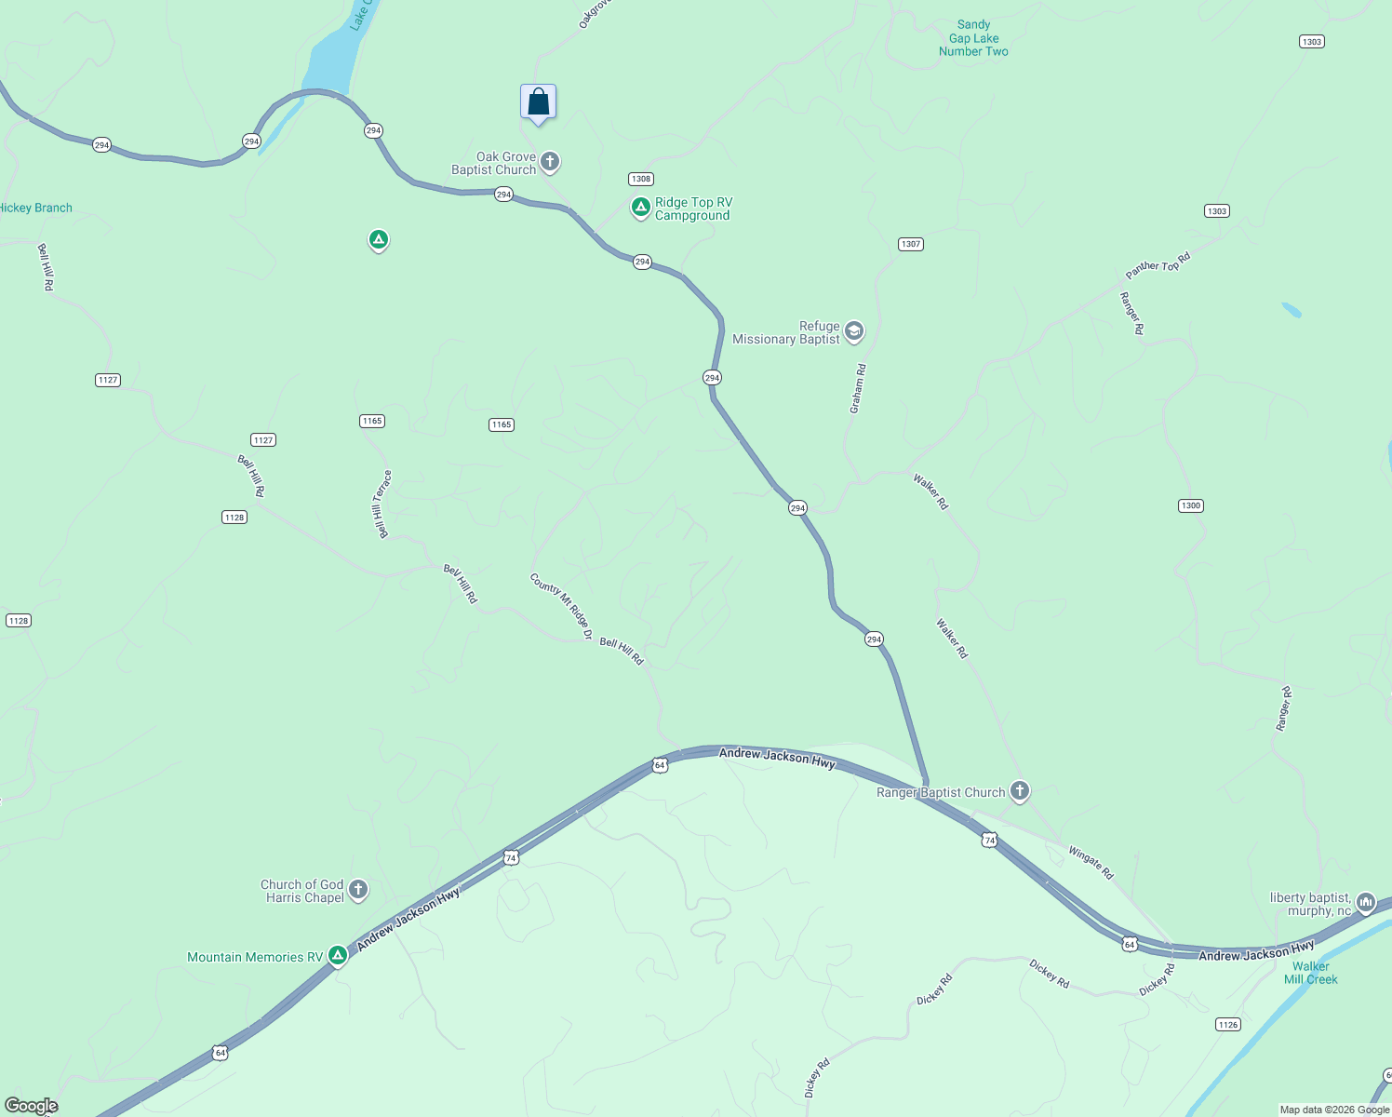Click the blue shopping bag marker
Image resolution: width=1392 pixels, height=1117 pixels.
[538, 102]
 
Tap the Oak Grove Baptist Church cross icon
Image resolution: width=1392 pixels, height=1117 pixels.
[550, 163]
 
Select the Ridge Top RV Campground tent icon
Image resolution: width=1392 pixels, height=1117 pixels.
[640, 208]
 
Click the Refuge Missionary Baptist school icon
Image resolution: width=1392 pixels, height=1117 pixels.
[853, 331]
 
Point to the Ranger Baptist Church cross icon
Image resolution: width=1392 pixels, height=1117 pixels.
[1019, 791]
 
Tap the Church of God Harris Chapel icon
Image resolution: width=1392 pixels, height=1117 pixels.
[357, 890]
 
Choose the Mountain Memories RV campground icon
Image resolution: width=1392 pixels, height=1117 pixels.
[338, 956]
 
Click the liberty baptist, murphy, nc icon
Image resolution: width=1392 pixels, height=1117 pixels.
[1365, 902]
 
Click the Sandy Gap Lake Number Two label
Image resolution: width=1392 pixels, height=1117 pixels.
[973, 38]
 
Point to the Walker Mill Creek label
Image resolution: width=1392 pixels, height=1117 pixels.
[1310, 973]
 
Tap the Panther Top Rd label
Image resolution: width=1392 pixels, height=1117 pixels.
[1158, 266]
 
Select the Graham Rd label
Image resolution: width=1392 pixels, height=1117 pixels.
[857, 389]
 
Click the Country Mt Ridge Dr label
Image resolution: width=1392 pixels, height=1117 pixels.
[561, 606]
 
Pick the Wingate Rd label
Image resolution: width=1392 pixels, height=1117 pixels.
[1091, 863]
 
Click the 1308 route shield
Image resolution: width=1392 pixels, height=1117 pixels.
[640, 179]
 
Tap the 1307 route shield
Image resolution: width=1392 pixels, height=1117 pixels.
[910, 244]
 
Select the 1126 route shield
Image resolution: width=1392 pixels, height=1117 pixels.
[1227, 1024]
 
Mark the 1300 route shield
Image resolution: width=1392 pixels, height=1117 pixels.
[1190, 505]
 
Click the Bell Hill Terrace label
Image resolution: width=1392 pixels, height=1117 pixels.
[382, 504]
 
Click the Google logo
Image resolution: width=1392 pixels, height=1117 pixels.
[32, 1106]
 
